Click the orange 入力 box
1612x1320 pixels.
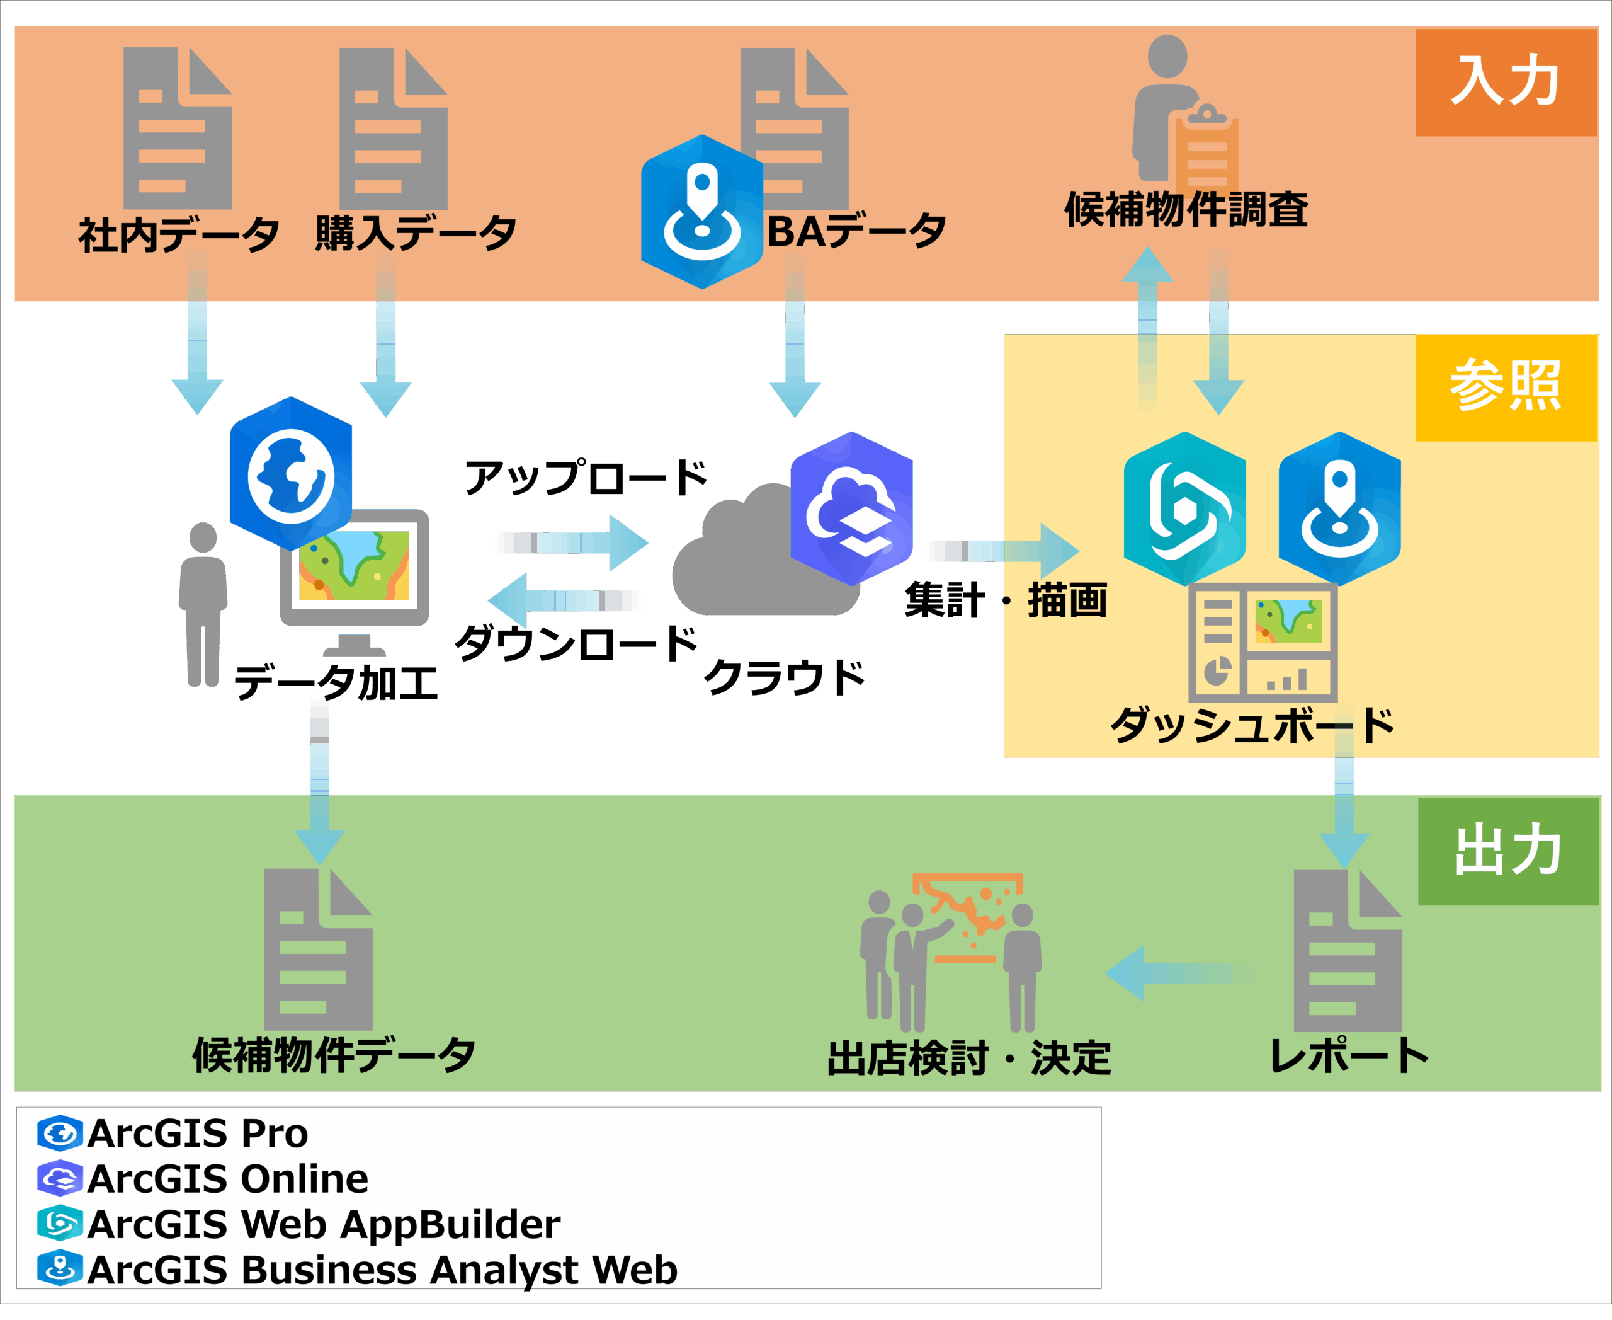pos(1505,82)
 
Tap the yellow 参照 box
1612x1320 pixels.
pos(1505,387)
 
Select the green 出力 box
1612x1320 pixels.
pos(1508,851)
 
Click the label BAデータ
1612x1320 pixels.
pos(856,231)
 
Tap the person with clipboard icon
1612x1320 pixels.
pos(1182,114)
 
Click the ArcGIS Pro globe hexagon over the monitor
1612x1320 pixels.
pos(291,474)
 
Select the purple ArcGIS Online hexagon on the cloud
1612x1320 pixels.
pos(851,508)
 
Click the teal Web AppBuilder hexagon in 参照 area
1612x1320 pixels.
pos(1184,508)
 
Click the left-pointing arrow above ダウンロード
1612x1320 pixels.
pos(565,600)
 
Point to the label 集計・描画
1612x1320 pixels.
pos(1005,600)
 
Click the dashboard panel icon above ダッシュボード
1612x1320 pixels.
pos(1263,643)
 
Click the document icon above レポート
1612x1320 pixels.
pos(1347,950)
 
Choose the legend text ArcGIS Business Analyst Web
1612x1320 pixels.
pos(382,1271)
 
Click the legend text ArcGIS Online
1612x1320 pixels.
pos(228,1179)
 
